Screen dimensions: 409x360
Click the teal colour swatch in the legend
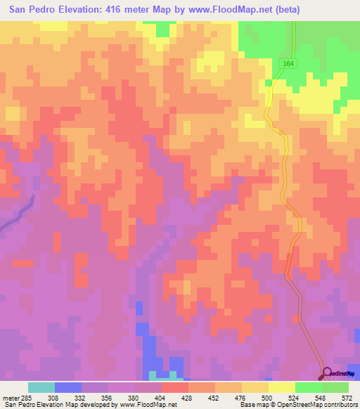tap(41, 387)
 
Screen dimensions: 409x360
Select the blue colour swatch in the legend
tap(68, 387)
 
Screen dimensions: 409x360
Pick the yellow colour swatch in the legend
tap(282, 387)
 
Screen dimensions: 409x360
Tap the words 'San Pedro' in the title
tap(34, 10)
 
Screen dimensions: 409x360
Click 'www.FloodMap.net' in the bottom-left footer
tap(148, 405)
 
